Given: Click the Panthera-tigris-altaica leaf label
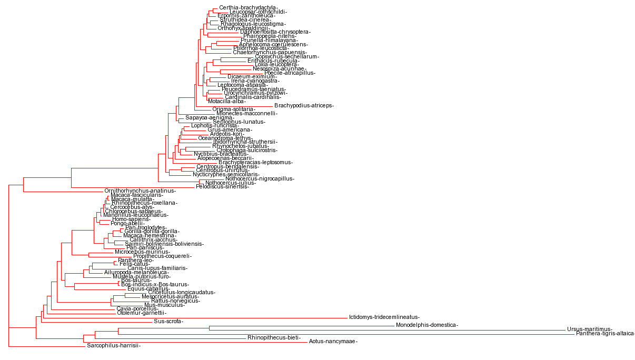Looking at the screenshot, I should pos(605,334).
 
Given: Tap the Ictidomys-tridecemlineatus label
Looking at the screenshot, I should pos(384,317).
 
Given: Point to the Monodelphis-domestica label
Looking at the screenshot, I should pos(426,325).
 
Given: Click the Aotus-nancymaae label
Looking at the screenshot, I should pos(333,342).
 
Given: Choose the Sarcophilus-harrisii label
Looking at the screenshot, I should pos(114,346).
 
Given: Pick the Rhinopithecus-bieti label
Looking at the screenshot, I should pos(274,337).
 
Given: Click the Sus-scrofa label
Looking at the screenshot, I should pos(168,321).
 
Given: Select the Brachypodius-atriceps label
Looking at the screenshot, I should pos(304,105).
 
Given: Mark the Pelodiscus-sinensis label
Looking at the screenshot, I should pos(222,187).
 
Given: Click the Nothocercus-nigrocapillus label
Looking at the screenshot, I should pos(260,178).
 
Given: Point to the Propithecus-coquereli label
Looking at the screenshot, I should pos(162,256).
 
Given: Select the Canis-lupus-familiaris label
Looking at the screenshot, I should pos(157,268).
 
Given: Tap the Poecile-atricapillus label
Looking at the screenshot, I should pos(290,73).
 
